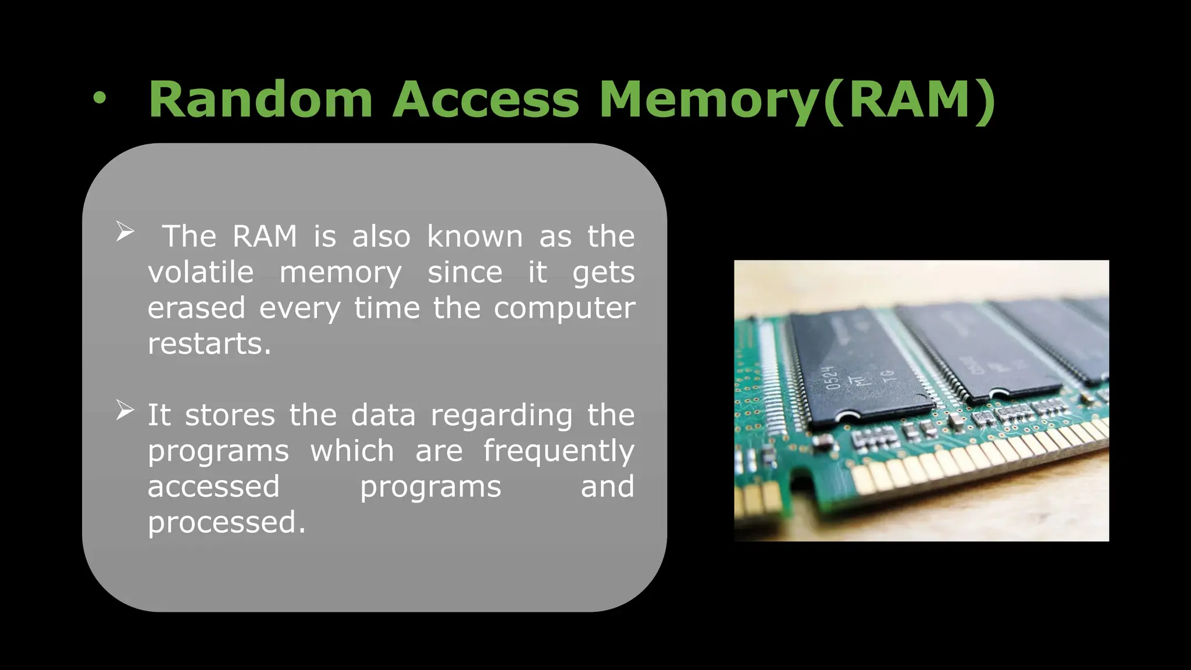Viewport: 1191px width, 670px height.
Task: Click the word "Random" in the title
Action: pos(260,99)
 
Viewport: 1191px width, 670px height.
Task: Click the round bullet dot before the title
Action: pos(100,99)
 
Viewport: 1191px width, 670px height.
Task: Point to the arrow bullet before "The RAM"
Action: pos(124,231)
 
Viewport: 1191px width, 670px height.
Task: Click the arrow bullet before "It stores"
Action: pos(124,410)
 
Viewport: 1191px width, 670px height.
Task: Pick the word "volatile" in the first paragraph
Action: pos(201,272)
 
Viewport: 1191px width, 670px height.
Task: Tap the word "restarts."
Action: pos(209,344)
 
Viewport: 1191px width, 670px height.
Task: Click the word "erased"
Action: pos(196,308)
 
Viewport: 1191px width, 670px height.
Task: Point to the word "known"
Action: pos(475,237)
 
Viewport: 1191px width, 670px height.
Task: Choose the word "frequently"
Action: pos(558,451)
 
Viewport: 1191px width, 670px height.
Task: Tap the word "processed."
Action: pos(226,522)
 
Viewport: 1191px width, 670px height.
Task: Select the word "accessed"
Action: pos(213,487)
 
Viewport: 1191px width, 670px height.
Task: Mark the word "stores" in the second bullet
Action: pos(230,415)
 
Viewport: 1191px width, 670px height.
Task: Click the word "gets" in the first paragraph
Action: pos(603,272)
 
